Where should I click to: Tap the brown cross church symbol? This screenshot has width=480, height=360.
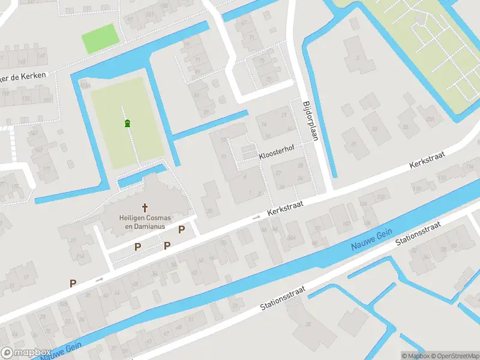144,206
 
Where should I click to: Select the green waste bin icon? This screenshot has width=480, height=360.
127,124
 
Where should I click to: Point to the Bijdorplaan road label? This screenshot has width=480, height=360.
310,120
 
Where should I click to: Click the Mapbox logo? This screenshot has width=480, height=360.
26,352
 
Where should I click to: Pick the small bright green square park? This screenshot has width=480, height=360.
100,38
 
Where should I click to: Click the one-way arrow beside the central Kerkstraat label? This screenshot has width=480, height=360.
256,217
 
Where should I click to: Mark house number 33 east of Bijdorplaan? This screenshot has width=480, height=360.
374,128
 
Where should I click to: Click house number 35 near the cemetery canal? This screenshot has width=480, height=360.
405,127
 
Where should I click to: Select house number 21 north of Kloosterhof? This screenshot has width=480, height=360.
284,115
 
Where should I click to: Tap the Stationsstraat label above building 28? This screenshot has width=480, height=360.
283,298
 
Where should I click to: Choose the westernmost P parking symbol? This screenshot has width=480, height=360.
73,283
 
